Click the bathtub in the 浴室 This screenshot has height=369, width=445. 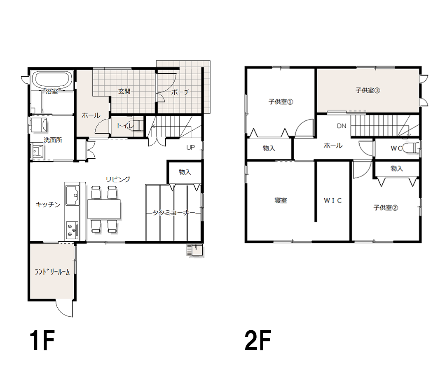[x=52, y=80]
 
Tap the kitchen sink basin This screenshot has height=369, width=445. [x=73, y=195]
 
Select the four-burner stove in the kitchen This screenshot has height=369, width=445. [x=72, y=230]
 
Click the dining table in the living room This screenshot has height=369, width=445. [x=104, y=209]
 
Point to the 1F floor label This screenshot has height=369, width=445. [x=42, y=340]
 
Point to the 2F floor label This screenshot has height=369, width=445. [x=258, y=340]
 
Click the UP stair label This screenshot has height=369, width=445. [x=191, y=148]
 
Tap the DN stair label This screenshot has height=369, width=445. [x=342, y=126]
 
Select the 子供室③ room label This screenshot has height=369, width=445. [x=368, y=90]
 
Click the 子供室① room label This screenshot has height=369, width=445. [x=281, y=101]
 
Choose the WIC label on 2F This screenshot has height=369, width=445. [x=333, y=200]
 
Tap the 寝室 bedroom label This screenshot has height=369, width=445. [x=281, y=200]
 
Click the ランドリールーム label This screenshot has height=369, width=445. [x=52, y=272]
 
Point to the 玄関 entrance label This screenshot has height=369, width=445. [x=124, y=91]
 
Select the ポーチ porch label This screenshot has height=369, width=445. [x=180, y=92]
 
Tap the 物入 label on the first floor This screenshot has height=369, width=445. [x=185, y=172]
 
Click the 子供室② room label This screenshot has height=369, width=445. [x=385, y=208]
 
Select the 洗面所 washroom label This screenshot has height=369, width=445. [x=53, y=140]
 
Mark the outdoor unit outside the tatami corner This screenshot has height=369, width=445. [x=195, y=250]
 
